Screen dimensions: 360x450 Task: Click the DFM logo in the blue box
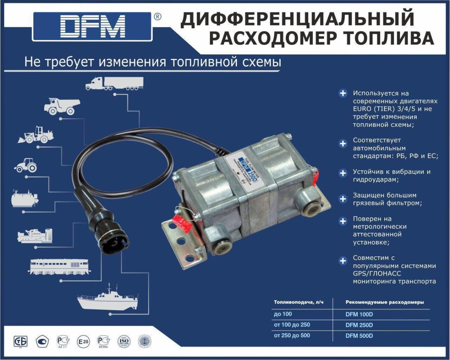(93, 27)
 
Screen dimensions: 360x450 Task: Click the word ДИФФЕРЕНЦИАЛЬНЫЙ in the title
(297, 20)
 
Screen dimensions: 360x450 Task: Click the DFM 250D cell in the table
(359, 325)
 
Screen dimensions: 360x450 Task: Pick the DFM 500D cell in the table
(359, 336)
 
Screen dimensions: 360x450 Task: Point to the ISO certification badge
(124, 341)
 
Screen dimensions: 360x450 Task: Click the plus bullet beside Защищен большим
(343, 199)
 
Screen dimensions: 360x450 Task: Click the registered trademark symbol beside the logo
(158, 17)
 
